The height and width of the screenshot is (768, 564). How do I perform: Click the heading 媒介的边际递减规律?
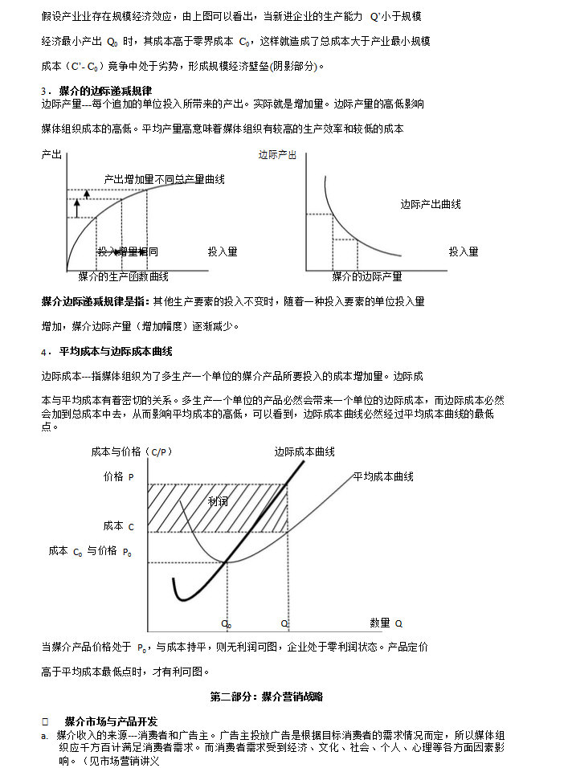[105, 91]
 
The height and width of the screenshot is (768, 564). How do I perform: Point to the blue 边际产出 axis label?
[277, 155]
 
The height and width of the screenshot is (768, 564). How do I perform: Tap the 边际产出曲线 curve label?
[431, 204]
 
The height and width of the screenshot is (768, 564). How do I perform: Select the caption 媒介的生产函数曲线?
[123, 276]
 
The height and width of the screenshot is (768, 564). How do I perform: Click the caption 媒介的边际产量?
[367, 276]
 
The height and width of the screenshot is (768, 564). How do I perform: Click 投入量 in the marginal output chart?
[464, 251]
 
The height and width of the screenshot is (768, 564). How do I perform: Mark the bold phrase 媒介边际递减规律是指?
[95, 301]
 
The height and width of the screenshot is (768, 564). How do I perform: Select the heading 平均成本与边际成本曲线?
[116, 351]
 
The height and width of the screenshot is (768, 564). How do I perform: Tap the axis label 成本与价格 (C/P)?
[132, 452]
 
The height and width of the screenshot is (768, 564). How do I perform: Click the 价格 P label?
[118, 476]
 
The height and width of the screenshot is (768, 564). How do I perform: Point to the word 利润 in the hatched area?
[218, 501]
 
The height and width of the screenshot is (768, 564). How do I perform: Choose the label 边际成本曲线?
[304, 452]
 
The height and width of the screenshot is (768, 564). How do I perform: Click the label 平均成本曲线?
[383, 476]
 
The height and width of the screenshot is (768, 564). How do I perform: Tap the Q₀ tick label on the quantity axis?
[227, 623]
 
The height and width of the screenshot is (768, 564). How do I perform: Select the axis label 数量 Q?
[386, 623]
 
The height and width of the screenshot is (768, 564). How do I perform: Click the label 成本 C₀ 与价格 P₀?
[90, 551]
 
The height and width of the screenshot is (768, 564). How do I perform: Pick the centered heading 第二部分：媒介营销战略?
[267, 696]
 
